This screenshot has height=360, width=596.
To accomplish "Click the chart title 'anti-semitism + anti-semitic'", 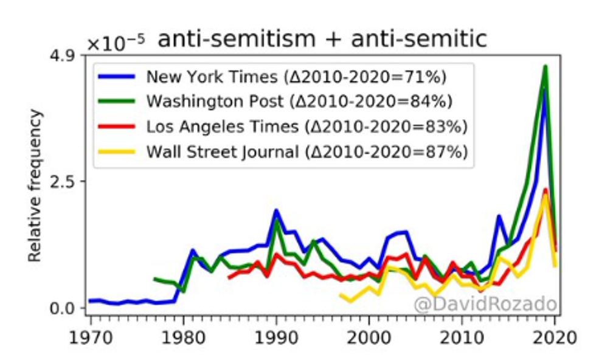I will click(x=322, y=40).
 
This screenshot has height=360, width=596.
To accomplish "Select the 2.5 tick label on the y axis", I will click(x=68, y=182).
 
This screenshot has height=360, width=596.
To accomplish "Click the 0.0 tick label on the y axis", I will click(x=68, y=308).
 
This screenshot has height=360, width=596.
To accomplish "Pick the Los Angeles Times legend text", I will click(x=307, y=126).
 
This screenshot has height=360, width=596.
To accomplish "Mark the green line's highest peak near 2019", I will click(x=546, y=66).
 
